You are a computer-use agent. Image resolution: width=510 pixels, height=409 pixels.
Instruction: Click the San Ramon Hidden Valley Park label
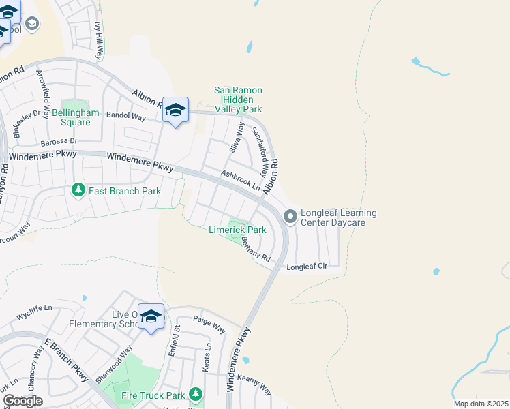(238, 100)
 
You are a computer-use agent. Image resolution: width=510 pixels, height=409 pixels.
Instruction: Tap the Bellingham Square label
(75, 117)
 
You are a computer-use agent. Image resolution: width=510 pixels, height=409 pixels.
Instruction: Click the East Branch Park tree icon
(78, 190)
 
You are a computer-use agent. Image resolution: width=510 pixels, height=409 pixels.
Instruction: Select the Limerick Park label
(237, 230)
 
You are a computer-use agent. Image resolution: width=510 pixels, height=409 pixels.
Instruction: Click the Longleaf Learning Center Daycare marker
(290, 217)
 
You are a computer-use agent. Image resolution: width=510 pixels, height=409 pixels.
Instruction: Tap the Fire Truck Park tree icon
(196, 395)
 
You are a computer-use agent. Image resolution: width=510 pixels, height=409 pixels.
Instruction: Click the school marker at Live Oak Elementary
(151, 317)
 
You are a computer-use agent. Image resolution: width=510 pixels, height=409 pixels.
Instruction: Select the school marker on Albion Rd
(175, 110)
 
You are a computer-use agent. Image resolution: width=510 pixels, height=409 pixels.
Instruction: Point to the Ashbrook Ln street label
(241, 180)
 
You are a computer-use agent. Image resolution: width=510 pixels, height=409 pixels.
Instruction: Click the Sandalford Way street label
(258, 146)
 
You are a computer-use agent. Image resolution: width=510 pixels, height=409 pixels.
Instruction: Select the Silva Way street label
(237, 136)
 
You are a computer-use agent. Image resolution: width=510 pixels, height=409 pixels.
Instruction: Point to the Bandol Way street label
(126, 117)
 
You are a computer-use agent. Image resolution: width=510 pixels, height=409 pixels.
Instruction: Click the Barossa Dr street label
(59, 142)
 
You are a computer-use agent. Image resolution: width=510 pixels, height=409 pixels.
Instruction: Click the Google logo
(22, 401)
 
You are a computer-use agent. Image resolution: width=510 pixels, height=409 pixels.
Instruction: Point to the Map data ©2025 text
(480, 404)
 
